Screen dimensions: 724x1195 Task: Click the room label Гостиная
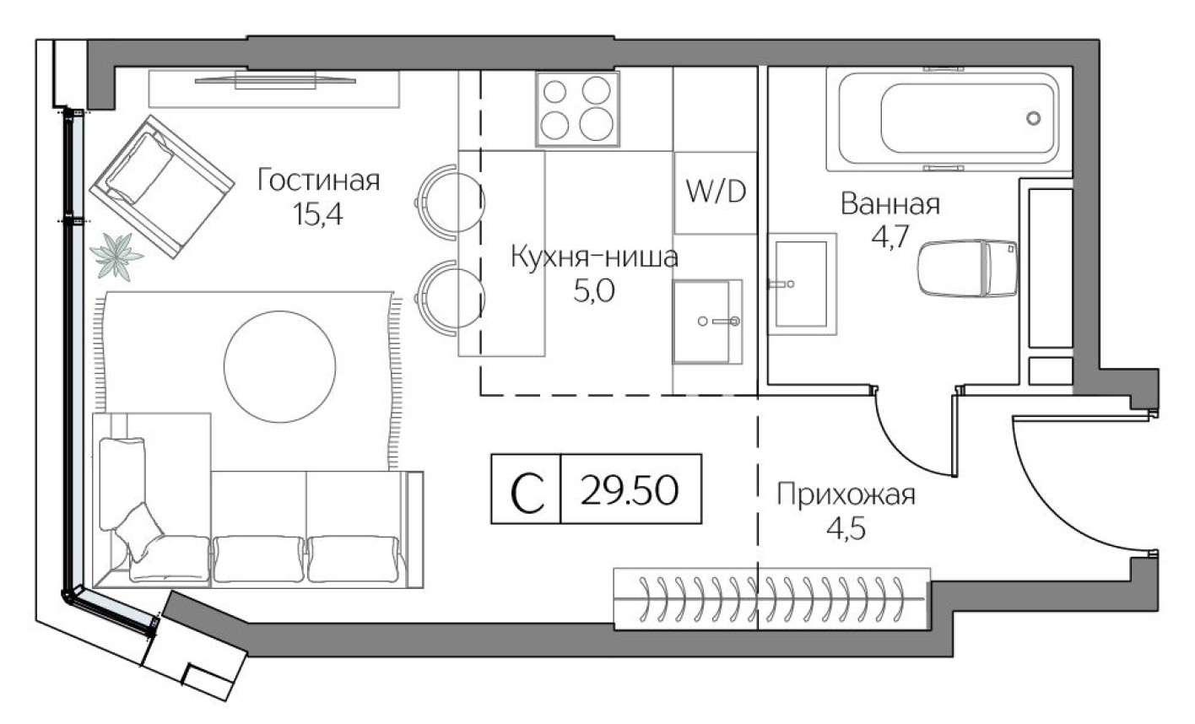[319, 180]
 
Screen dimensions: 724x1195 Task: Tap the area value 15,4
[319, 214]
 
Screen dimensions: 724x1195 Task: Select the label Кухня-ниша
[593, 257]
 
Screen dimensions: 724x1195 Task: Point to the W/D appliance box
[716, 192]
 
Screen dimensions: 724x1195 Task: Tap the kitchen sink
[706, 321]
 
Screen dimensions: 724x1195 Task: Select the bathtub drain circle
[1033, 118]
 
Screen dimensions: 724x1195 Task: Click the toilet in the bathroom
[967, 268]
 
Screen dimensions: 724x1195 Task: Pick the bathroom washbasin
[801, 284]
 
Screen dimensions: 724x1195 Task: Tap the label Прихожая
[846, 494]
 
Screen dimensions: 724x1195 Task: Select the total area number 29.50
[630, 490]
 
